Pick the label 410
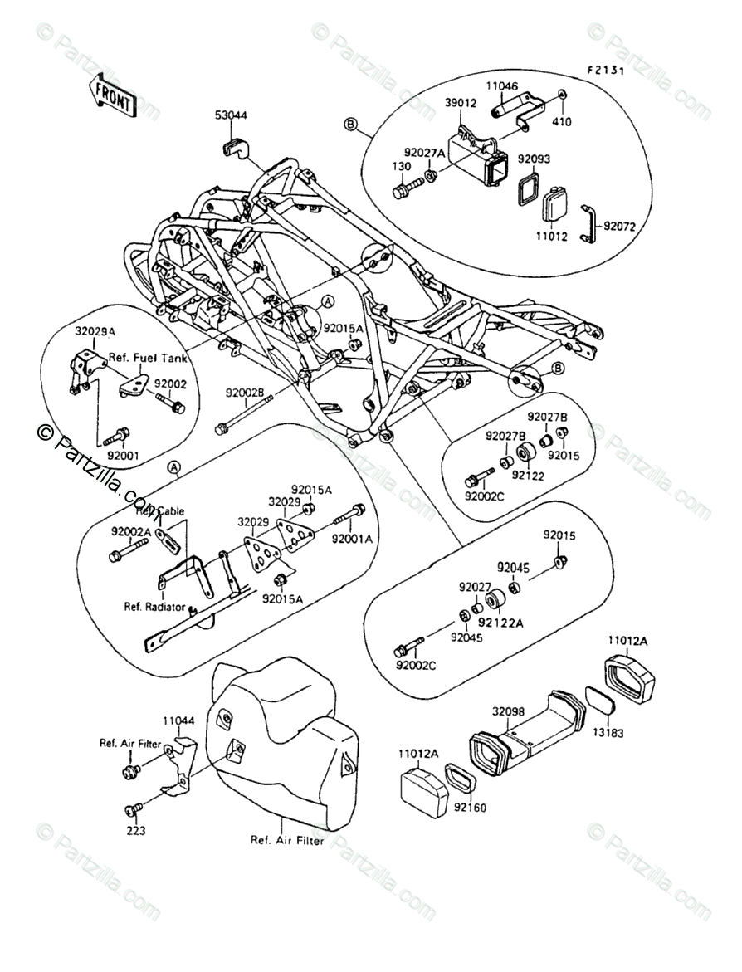point(563,121)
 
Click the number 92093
point(535,158)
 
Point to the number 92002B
point(245,393)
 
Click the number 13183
point(608,735)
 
